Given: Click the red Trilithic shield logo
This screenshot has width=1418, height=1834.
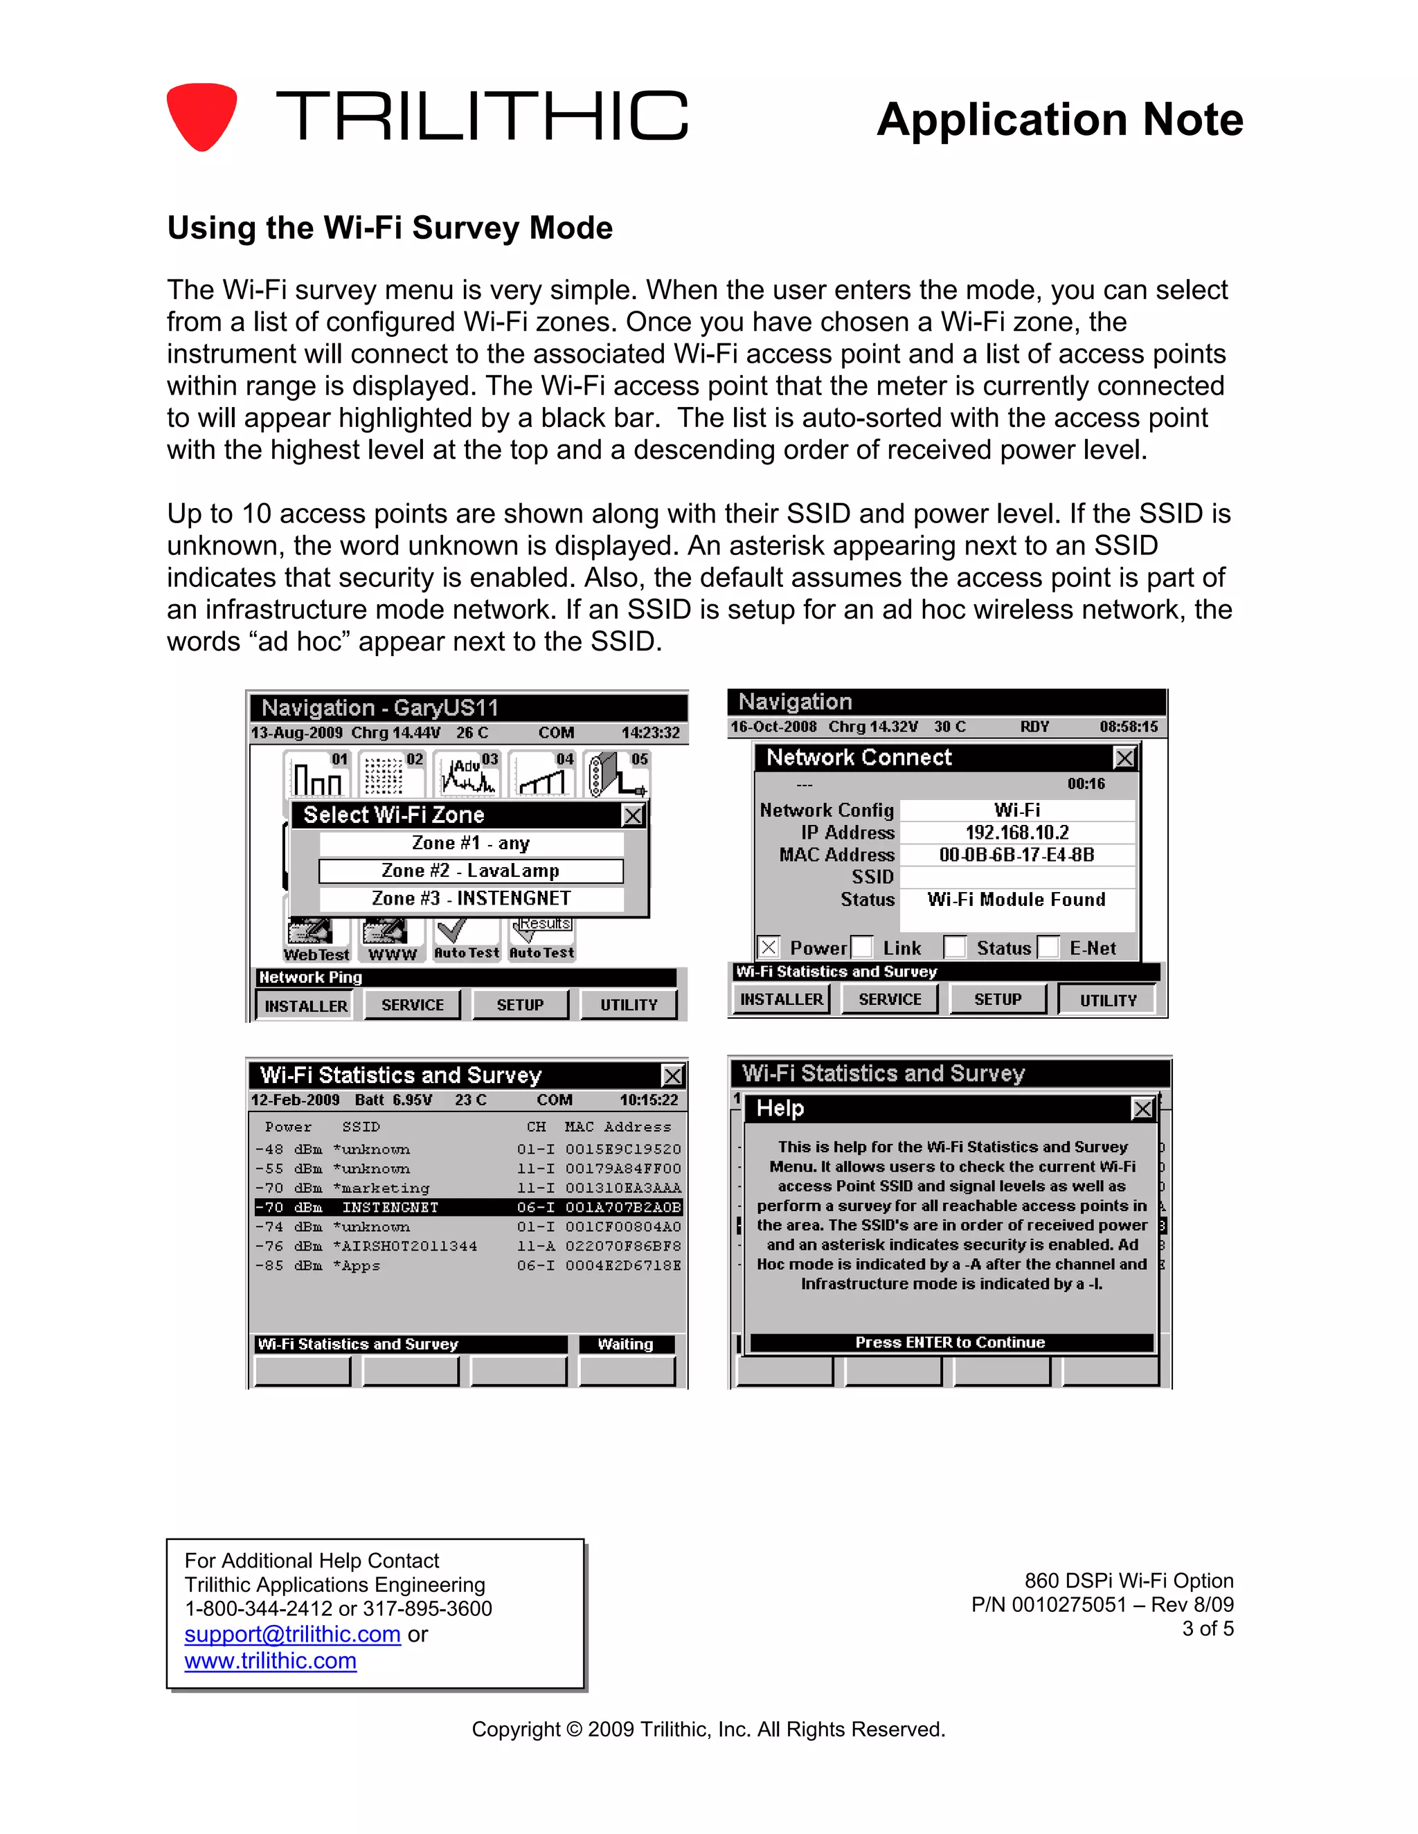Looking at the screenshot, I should click(x=201, y=116).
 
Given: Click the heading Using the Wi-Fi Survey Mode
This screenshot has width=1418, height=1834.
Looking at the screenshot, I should click(x=390, y=228).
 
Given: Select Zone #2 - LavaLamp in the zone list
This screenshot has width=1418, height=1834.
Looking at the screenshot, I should click(x=470, y=871).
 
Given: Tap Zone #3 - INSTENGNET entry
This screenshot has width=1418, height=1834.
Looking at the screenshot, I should click(x=470, y=898).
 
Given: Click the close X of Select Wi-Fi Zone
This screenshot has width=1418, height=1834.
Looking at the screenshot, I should click(x=633, y=815).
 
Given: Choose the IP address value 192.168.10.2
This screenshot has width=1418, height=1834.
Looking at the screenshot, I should click(x=1016, y=832).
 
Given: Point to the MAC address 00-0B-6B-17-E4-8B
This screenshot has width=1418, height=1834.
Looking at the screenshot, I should click(x=1016, y=855).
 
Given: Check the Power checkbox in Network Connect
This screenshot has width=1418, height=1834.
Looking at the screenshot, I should click(x=768, y=947).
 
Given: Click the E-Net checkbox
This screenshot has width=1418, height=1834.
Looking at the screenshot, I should click(x=1048, y=947).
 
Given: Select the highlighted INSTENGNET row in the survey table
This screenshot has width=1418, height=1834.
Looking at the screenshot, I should click(x=468, y=1208).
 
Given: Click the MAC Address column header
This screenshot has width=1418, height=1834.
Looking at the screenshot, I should click(x=618, y=1127).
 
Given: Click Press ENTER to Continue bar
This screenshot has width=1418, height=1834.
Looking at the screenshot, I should click(x=950, y=1343).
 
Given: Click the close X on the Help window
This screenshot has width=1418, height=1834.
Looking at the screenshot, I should click(x=1142, y=1109).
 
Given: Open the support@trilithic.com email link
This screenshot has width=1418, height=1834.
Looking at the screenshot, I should click(x=292, y=1634).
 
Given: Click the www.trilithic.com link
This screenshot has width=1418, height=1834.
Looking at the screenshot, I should click(x=271, y=1661).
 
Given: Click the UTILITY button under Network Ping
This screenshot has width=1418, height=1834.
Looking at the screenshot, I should click(x=629, y=1005).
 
